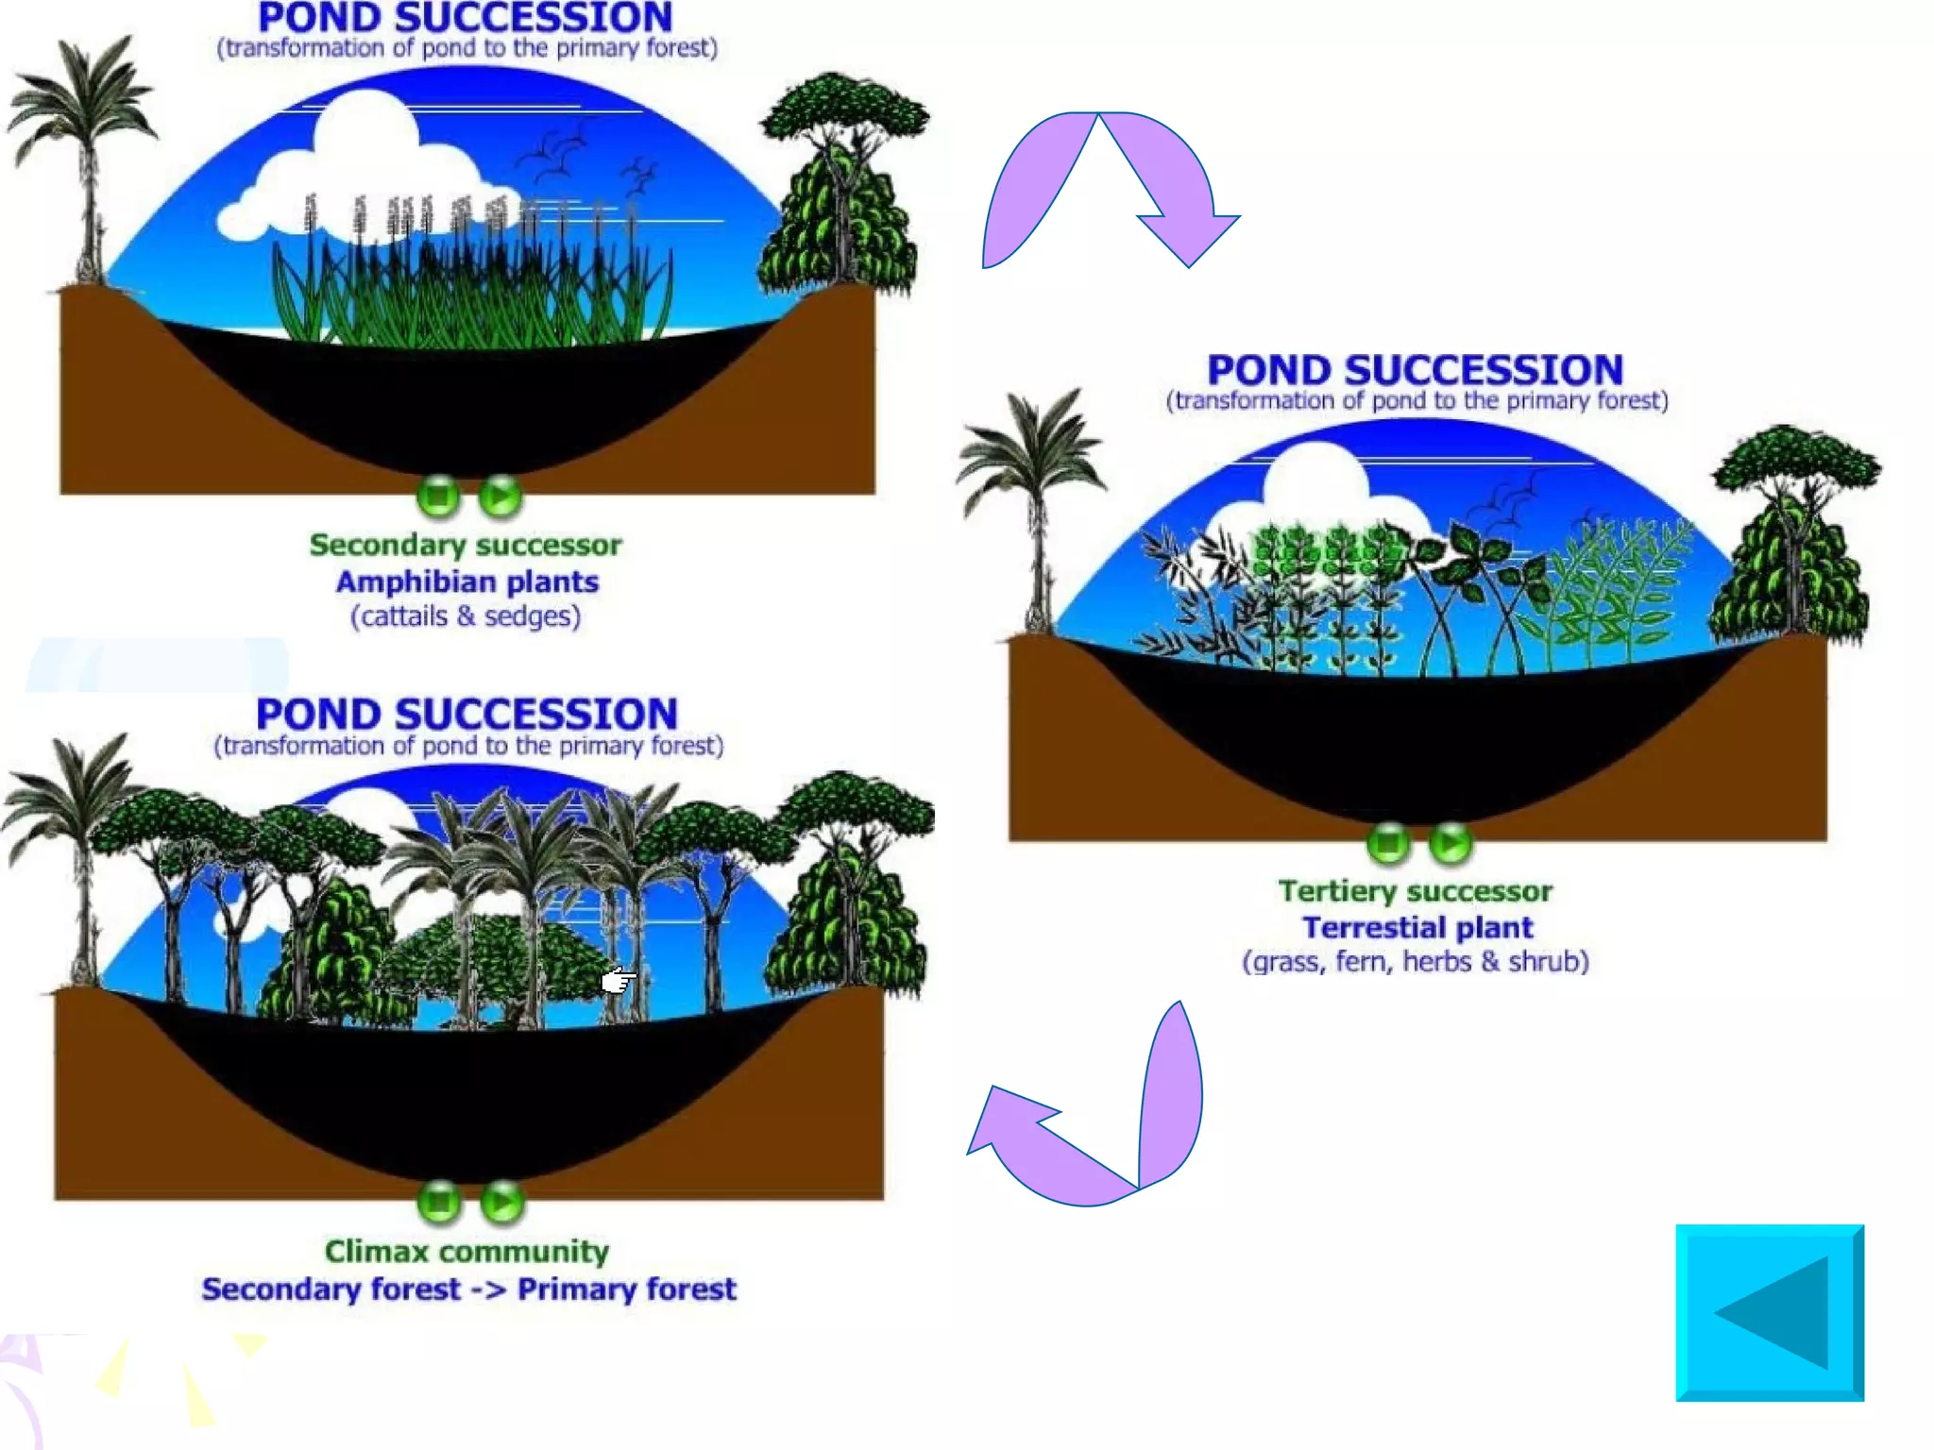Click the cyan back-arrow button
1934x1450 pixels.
1769,1312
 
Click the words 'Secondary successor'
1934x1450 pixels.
466,545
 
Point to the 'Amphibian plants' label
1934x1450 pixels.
467,582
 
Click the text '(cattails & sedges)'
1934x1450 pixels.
466,616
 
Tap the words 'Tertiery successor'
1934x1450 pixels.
1415,891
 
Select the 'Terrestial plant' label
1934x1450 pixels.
1417,927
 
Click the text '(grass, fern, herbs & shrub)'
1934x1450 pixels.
1416,962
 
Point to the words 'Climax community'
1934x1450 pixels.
467,1252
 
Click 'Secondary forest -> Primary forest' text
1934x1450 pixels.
468,1290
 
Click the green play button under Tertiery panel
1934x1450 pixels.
1450,842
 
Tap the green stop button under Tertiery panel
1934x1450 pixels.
1388,842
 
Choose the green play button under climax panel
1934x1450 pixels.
501,1202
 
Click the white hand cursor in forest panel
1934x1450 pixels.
618,982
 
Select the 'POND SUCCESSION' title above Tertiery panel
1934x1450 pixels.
1415,370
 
